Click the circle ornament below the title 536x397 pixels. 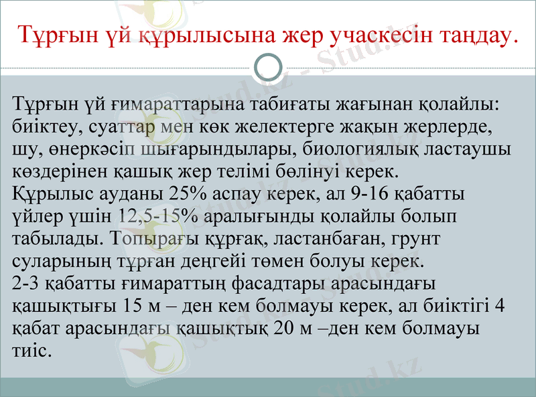point(269,68)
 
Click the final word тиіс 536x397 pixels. point(31,350)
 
